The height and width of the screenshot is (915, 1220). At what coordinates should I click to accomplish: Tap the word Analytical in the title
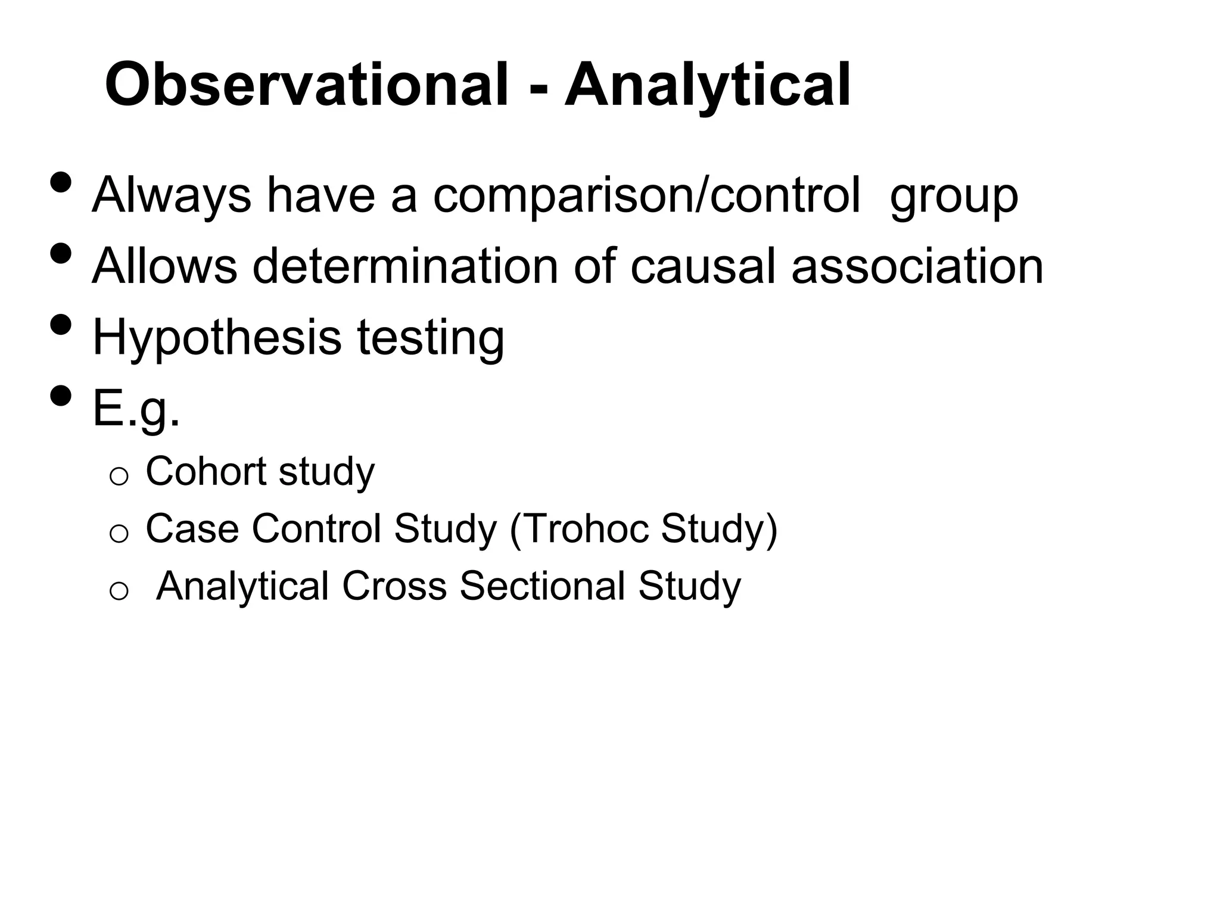click(x=708, y=85)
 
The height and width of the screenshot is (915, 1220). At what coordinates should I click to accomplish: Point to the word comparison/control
click(x=646, y=195)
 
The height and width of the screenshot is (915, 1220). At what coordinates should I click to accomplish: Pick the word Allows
click(x=164, y=266)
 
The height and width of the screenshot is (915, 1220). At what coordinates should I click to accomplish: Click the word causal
click(x=703, y=266)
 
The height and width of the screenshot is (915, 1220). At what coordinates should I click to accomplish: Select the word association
click(x=917, y=266)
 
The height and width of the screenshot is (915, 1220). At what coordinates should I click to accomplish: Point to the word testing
click(x=430, y=338)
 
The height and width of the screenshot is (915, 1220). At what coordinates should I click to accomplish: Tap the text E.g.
click(x=136, y=410)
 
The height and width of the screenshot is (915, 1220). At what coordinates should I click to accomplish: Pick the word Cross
click(x=394, y=586)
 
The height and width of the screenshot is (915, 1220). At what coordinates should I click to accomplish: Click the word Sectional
click(x=542, y=586)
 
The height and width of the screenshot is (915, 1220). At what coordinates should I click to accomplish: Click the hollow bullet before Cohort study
click(x=119, y=477)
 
